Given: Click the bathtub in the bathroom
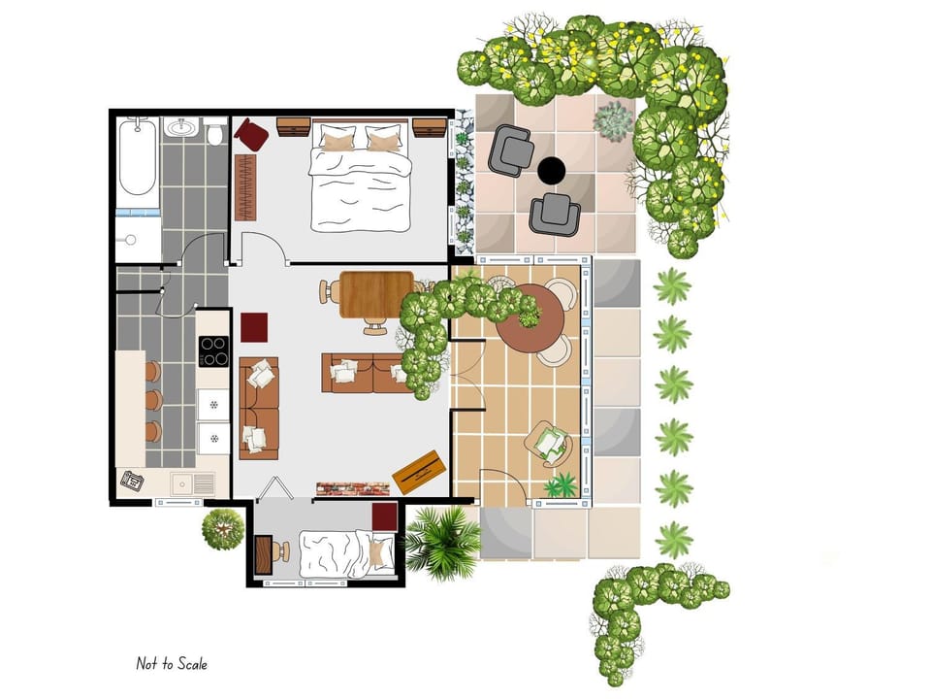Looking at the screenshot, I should coord(137,156).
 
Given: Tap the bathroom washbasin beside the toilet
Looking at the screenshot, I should coord(181,127).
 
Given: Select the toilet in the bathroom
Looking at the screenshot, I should coord(215,132).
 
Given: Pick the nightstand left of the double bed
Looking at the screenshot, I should coord(293,126).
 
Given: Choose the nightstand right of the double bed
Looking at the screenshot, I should coord(428,127).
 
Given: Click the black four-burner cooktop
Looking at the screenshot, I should coord(213,350).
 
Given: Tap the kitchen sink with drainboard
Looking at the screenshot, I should coord(191,483).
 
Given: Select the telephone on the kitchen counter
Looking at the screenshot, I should coord(132,480).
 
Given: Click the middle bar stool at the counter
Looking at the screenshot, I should coord(152,400).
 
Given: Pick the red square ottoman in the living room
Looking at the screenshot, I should coord(254,327).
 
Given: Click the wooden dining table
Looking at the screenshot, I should coord(376,293).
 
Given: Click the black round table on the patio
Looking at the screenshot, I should coord(551,171).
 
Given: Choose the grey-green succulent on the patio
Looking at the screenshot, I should coord(614,119).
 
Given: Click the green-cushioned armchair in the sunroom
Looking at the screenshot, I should coord(549,443).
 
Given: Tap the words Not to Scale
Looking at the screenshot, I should coord(172,664).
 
